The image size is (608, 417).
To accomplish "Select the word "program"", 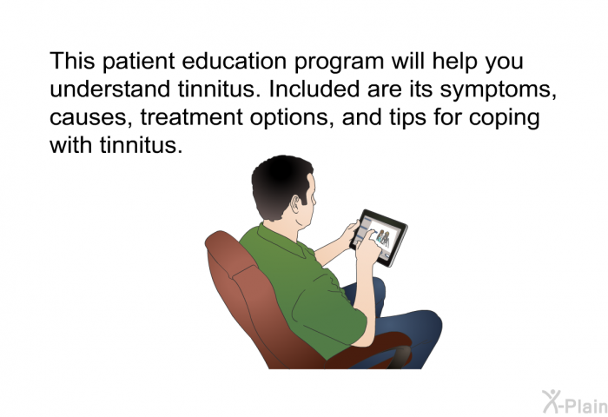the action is [x=340, y=63].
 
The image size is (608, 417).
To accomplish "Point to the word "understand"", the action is [x=110, y=89].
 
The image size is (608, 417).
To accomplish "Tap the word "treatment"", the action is [x=192, y=117].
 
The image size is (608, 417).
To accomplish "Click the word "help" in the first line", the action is [x=454, y=63].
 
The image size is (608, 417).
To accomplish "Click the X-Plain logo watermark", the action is [x=575, y=402].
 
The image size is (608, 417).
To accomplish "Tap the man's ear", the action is [x=296, y=204].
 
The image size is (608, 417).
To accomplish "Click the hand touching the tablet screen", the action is [x=367, y=248].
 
